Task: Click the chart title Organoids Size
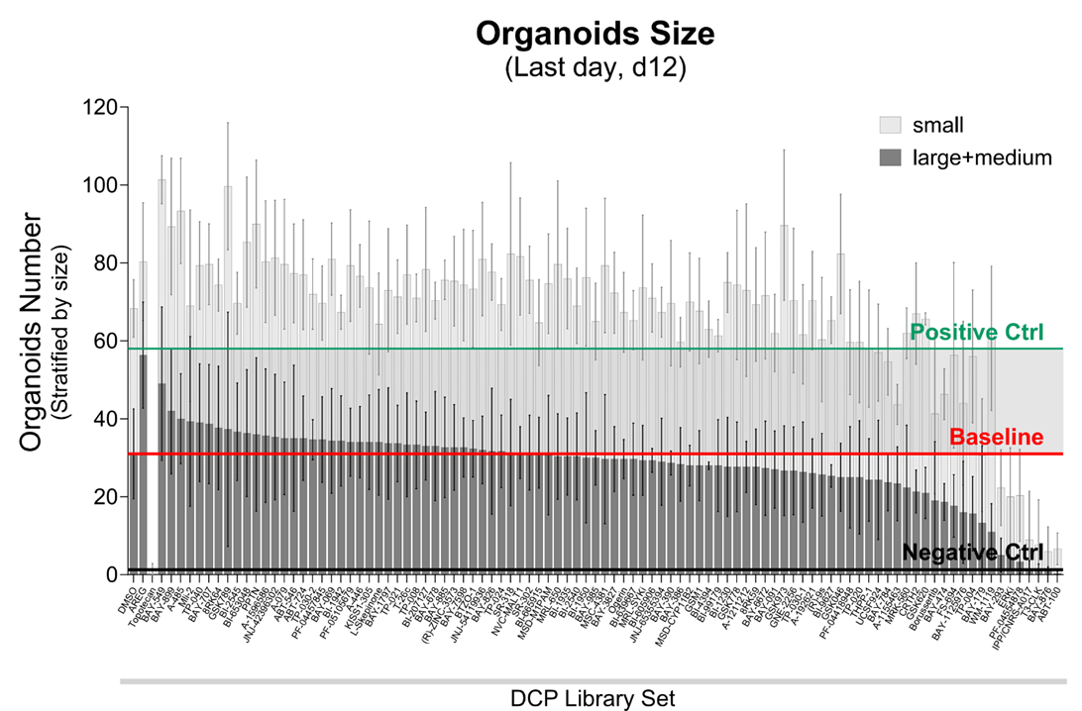tap(595, 33)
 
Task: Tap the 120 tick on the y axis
tap(103, 107)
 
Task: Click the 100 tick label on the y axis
tap(103, 185)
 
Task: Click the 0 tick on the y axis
tap(112, 575)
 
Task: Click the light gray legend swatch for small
tap(889, 125)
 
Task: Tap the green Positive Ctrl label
tap(976, 332)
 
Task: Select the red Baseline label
tap(996, 437)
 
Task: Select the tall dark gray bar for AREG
tap(143, 465)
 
